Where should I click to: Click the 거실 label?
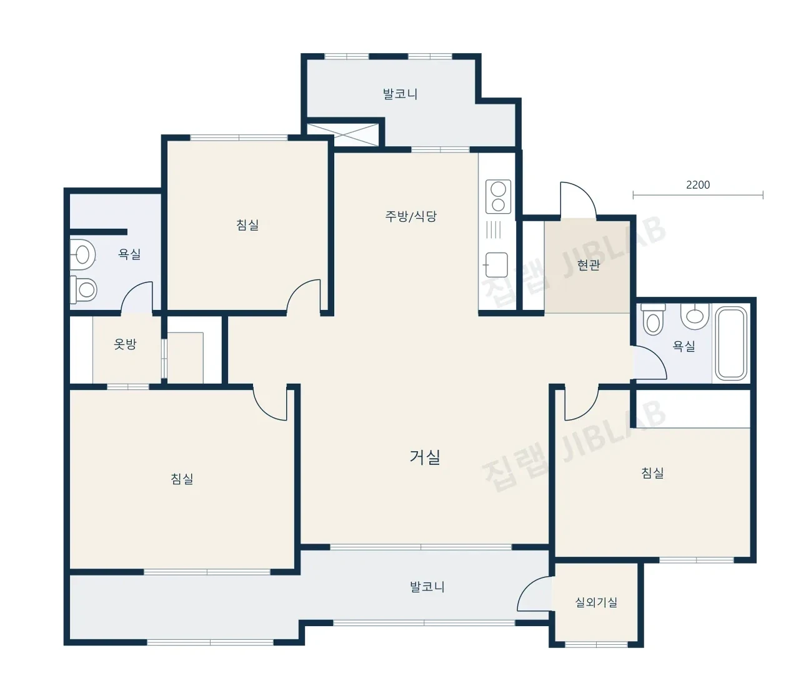[424, 457]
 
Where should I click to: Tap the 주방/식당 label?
[410, 216]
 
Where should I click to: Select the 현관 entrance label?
[589, 265]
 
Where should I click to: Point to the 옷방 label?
[125, 344]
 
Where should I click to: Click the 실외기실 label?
[596, 602]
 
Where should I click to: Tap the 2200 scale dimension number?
[698, 185]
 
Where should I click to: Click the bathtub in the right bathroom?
[731, 343]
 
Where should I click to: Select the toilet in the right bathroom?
[653, 318]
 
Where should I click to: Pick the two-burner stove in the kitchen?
[498, 197]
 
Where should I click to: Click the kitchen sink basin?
[496, 265]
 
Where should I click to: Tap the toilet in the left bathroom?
[83, 290]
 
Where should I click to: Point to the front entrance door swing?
[578, 199]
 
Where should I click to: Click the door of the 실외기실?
[535, 594]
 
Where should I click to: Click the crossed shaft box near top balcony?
[342, 134]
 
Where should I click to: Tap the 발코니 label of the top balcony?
[400, 94]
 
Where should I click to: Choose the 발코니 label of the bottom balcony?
[427, 587]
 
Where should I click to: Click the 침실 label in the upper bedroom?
[247, 225]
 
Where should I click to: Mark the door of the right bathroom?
[649, 363]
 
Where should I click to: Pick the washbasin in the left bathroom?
[83, 254]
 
